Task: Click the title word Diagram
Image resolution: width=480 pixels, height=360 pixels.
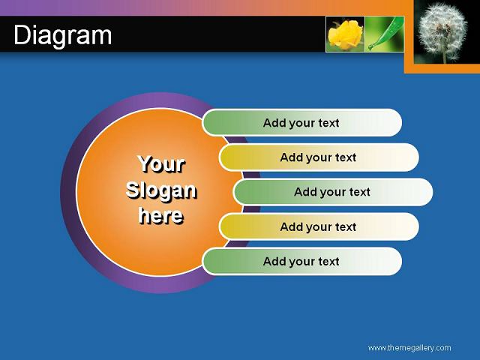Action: click(63, 35)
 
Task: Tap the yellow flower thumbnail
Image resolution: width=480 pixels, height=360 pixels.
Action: click(345, 34)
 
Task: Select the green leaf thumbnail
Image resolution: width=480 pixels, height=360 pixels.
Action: click(385, 34)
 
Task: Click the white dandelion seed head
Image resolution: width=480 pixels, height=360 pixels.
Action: click(442, 31)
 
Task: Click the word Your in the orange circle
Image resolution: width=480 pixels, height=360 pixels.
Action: click(162, 164)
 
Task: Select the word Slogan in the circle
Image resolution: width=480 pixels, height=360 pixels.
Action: click(161, 190)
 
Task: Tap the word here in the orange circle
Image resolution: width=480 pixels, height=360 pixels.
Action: click(161, 215)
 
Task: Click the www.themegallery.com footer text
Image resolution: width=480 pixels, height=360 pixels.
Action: click(409, 348)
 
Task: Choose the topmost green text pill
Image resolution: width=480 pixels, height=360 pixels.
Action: click(301, 123)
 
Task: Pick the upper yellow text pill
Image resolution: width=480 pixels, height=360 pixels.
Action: click(319, 157)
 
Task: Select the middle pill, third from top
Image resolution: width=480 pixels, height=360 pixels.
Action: click(333, 192)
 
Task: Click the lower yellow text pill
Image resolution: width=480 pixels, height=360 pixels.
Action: click(319, 226)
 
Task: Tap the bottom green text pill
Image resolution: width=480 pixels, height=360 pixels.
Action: click(301, 261)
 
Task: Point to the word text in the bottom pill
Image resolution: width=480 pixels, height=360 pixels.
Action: click(328, 262)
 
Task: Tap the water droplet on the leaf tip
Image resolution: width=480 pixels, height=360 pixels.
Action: click(370, 47)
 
